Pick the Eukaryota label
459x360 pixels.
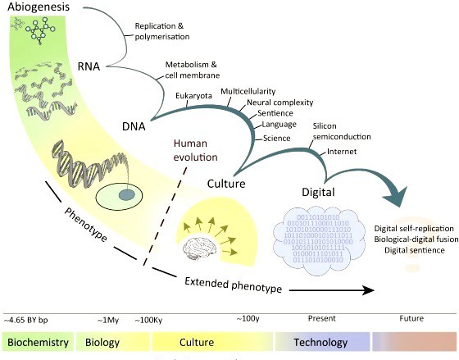click(193, 96)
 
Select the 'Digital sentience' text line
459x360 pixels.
click(410, 249)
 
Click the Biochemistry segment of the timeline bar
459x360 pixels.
click(38, 342)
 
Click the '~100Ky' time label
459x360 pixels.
click(148, 318)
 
